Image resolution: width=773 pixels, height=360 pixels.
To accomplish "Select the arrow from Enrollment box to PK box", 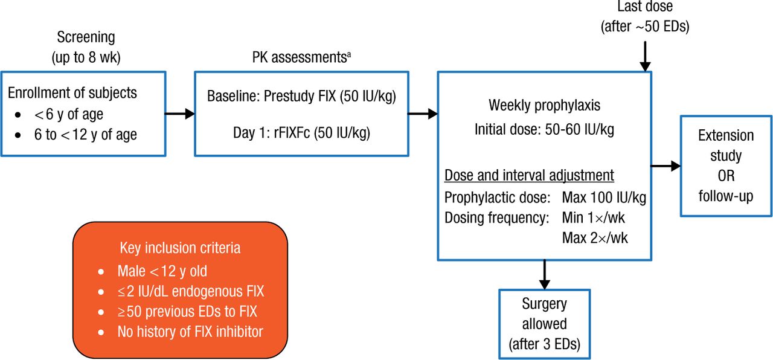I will pyautogui.click(x=179, y=113).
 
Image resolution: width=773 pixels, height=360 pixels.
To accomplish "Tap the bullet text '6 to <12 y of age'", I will pyautogui.click(x=85, y=134).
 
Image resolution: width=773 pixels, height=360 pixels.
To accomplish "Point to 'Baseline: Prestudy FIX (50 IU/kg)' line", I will pyautogui.click(x=301, y=97).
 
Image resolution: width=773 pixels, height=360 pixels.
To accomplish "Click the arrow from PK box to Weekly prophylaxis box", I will pyautogui.click(x=423, y=113).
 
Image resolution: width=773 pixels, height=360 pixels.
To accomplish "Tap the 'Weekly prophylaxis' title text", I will pyautogui.click(x=544, y=105).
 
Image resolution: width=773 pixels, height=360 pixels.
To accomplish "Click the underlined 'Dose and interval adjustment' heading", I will pyautogui.click(x=529, y=176).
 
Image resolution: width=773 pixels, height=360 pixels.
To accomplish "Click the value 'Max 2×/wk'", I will pyautogui.click(x=594, y=237).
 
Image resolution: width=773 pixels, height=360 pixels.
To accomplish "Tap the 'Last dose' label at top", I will pyautogui.click(x=644, y=7).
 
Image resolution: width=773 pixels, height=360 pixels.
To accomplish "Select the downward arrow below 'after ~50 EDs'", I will pyautogui.click(x=645, y=56).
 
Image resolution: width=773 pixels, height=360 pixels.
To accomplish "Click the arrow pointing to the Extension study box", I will pyautogui.click(x=666, y=166).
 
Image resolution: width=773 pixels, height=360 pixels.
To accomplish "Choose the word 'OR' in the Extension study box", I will pyautogui.click(x=725, y=176).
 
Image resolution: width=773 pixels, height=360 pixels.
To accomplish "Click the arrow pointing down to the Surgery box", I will pyautogui.click(x=544, y=275).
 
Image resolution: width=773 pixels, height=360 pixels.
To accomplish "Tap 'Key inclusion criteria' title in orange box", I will pyautogui.click(x=180, y=248).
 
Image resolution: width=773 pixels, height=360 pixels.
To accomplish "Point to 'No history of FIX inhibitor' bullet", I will pyautogui.click(x=190, y=331).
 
